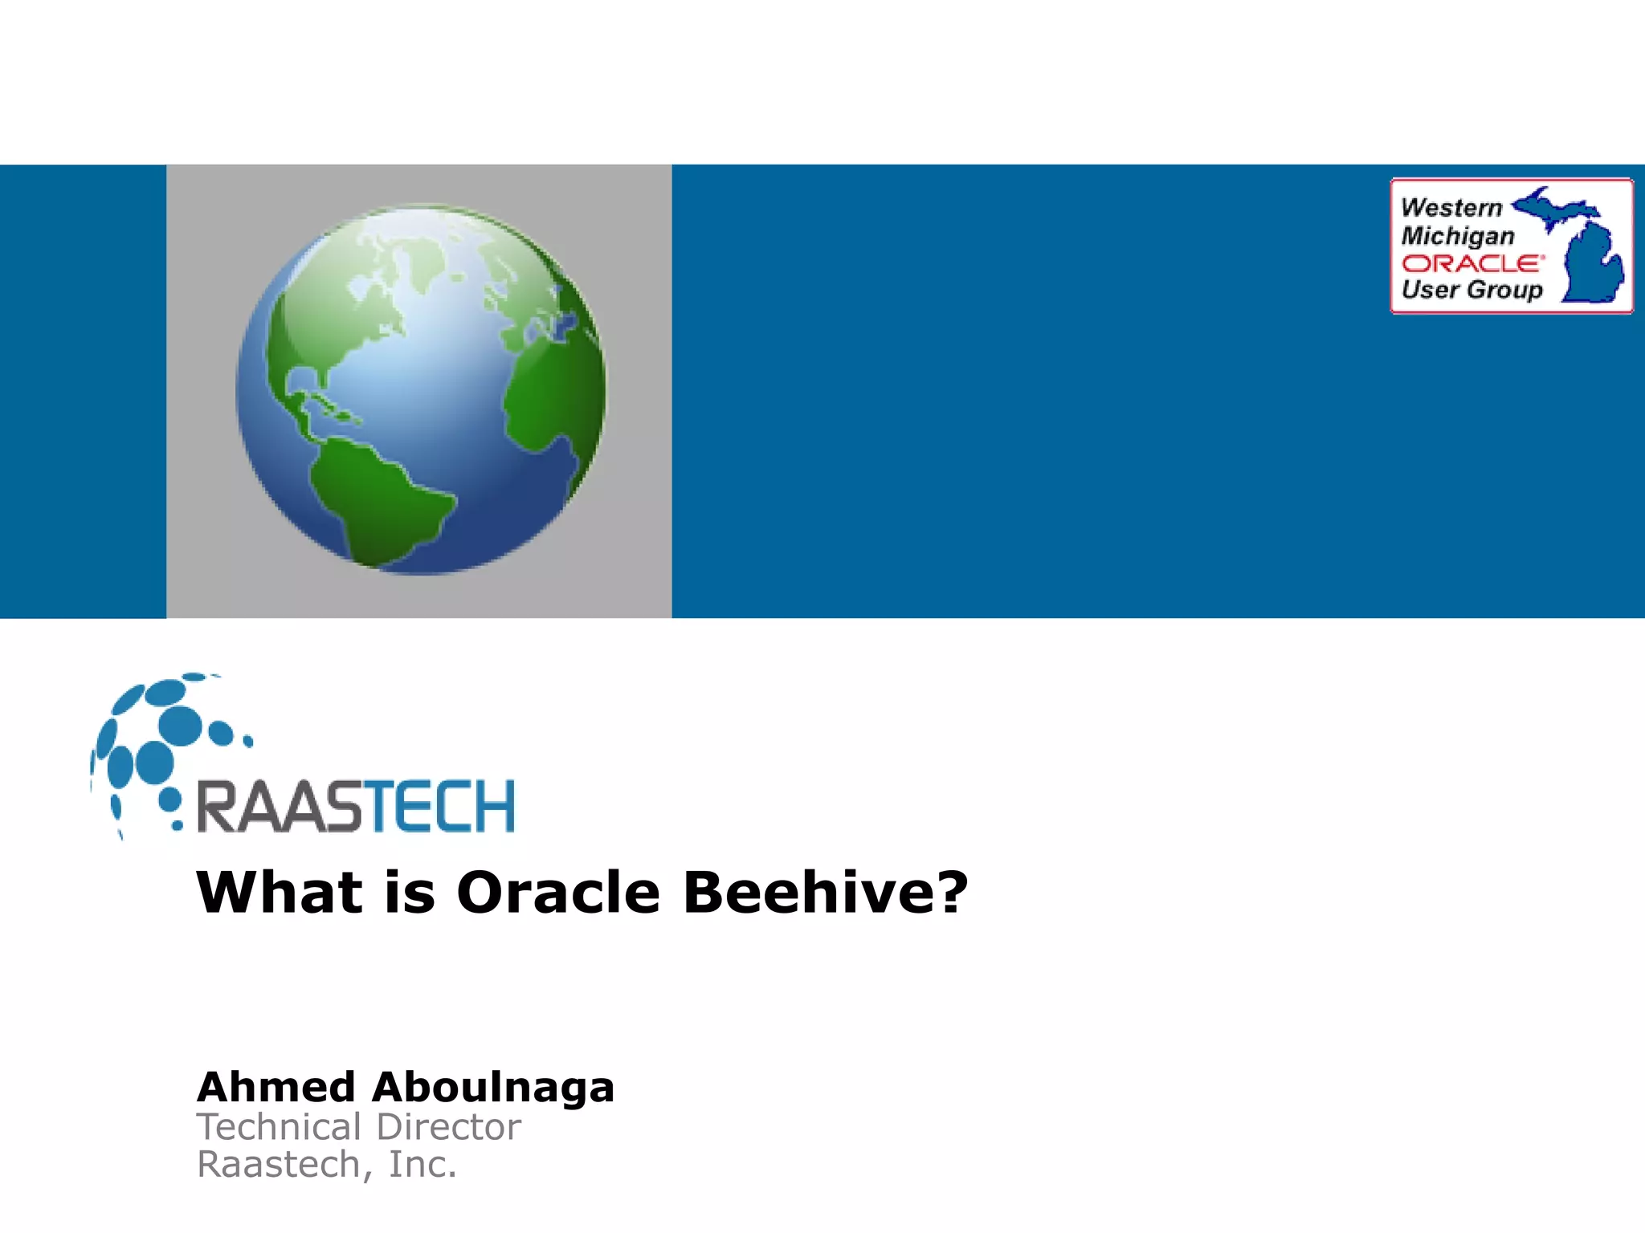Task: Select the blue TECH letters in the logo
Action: (x=438, y=807)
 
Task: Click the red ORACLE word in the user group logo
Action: (x=1472, y=263)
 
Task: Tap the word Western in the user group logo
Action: (x=1451, y=207)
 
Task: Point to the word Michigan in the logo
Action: (x=1458, y=235)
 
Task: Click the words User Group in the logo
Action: (x=1472, y=289)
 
